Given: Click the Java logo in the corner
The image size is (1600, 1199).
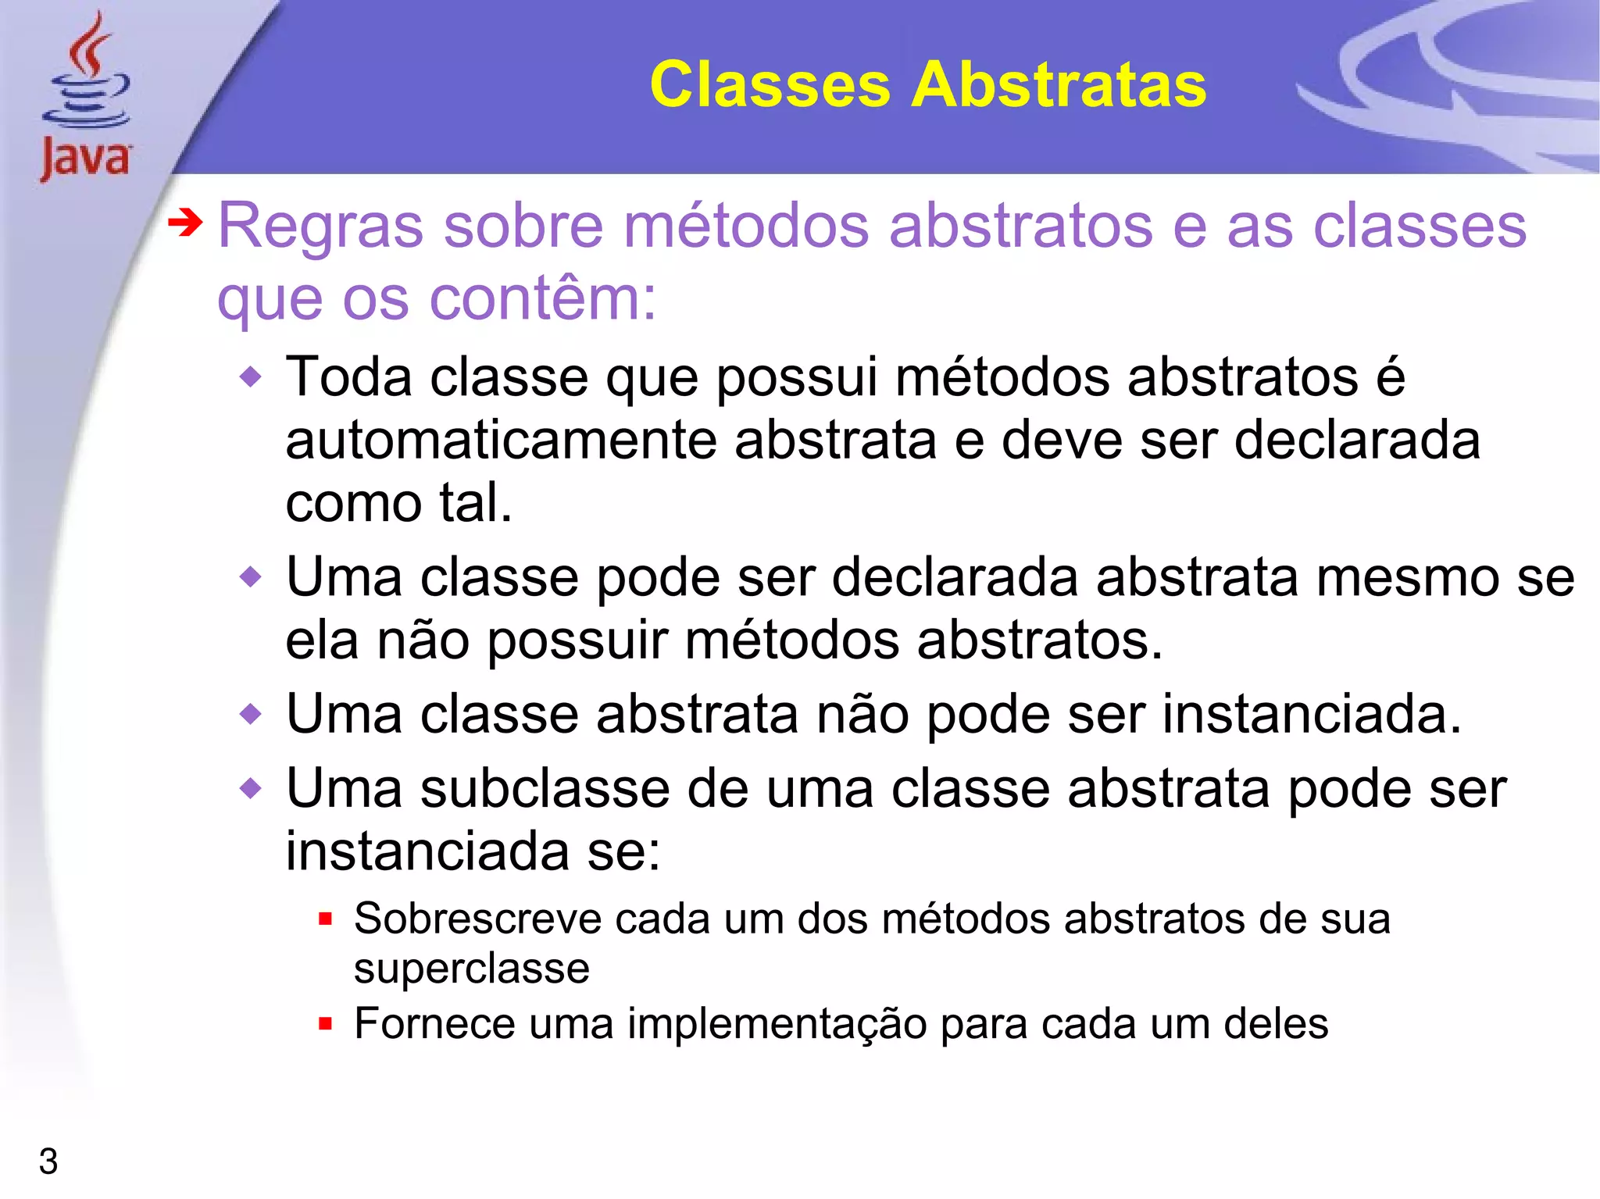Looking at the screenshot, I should pos(86,98).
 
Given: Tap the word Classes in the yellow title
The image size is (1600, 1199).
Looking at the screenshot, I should pos(770,84).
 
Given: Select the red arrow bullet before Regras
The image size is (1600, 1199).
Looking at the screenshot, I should pos(185,224).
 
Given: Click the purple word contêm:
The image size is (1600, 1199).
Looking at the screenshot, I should pos(543,298).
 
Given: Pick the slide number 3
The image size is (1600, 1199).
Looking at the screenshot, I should pos(48,1162).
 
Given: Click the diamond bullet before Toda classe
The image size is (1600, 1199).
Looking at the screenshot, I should pos(251,379).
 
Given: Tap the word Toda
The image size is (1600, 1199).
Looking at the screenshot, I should pos(349,377).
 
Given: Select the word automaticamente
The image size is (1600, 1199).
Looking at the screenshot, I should pos(501,441).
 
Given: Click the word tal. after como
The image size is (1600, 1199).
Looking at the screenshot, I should pos(476,502).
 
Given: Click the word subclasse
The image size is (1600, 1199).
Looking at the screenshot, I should pos(545,789).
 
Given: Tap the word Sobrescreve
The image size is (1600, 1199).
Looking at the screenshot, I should pos(477,919).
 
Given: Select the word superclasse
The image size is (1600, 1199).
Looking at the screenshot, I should pos(471,969).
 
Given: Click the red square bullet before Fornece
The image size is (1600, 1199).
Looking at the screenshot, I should pos(326,1024).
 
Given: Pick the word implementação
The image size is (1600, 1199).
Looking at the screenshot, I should pos(777,1024).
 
